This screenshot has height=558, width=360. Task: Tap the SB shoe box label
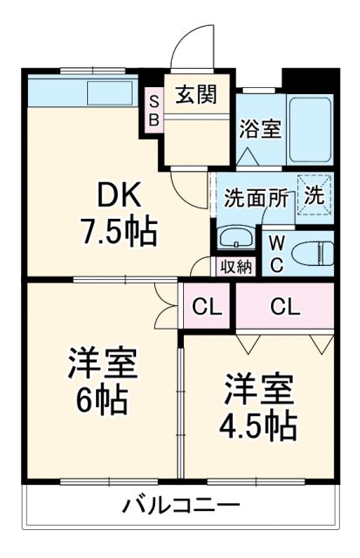pyautogui.click(x=153, y=111)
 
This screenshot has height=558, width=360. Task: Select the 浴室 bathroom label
pyautogui.click(x=260, y=128)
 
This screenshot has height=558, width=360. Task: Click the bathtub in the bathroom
pyautogui.click(x=309, y=129)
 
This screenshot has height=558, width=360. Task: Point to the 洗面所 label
pyautogui.click(x=255, y=197)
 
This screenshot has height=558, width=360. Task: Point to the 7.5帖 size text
pyautogui.click(x=119, y=231)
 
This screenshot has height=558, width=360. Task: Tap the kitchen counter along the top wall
pyautogui.click(x=83, y=91)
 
